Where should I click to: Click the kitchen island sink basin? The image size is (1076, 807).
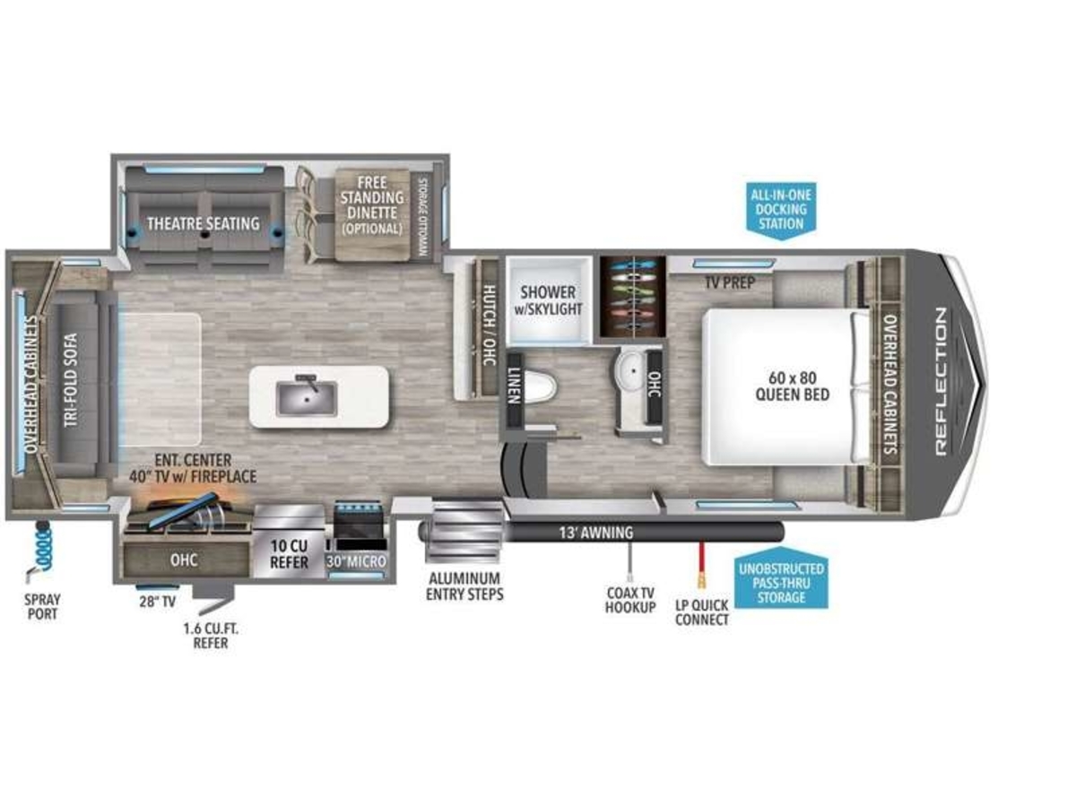click(307, 399)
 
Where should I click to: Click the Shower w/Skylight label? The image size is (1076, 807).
click(548, 300)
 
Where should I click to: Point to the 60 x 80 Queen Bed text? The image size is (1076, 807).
click(792, 386)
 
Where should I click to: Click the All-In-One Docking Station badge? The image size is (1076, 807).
click(781, 210)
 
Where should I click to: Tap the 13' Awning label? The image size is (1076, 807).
click(596, 533)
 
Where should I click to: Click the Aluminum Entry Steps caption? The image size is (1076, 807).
click(464, 586)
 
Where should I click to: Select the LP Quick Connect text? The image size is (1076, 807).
click(701, 612)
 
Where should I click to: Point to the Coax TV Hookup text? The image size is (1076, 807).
click(630, 600)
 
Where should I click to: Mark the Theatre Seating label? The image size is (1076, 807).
click(203, 224)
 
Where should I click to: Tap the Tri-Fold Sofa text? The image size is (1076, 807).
click(71, 379)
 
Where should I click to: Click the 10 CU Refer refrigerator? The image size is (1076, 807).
click(290, 541)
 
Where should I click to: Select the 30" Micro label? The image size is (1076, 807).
click(356, 562)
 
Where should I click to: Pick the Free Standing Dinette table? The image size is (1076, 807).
click(372, 214)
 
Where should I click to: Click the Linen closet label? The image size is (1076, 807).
click(513, 386)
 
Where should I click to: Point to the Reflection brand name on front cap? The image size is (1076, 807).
click(941, 382)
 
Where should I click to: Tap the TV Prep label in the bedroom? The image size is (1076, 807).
click(730, 282)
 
